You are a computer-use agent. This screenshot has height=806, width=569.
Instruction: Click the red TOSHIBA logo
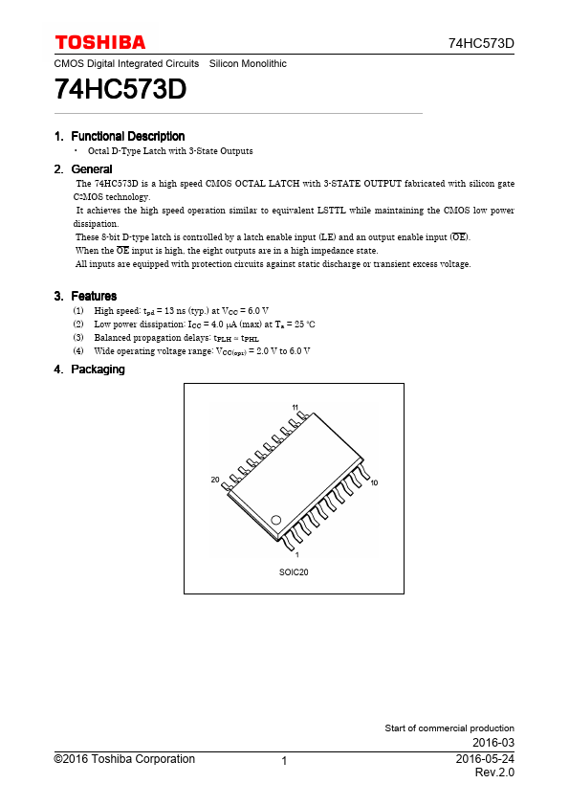pos(100,42)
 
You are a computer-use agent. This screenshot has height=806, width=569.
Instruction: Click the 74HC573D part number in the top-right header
pos(481,44)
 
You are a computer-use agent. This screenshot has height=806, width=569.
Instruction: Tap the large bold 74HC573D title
pos(120,90)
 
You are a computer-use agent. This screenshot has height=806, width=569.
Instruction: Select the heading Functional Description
pos(127,136)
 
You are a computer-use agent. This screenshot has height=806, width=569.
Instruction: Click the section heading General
pos(92,169)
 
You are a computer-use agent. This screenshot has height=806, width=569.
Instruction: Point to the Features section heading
pos(94,296)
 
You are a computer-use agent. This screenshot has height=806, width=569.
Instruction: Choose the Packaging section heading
pos(98,369)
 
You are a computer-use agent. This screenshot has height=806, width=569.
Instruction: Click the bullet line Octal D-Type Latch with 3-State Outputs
pos(170,151)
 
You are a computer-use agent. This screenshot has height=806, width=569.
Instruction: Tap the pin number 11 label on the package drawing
pos(295,408)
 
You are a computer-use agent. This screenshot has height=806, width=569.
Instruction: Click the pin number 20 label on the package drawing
pos(215,479)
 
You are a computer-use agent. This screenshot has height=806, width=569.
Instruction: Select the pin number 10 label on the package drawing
pos(374,483)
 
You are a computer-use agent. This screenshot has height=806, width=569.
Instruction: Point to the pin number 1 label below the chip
pos(296,555)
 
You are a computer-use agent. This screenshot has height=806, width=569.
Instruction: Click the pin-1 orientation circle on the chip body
pos(275,520)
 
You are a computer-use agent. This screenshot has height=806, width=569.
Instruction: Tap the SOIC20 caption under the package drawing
pos(294,571)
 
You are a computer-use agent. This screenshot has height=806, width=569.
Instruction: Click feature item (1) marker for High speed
pos(77,311)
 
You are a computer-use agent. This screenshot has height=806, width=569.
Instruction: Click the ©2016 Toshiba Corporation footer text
pos(124,759)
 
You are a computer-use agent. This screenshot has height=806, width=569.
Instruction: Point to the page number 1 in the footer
pos(285,761)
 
